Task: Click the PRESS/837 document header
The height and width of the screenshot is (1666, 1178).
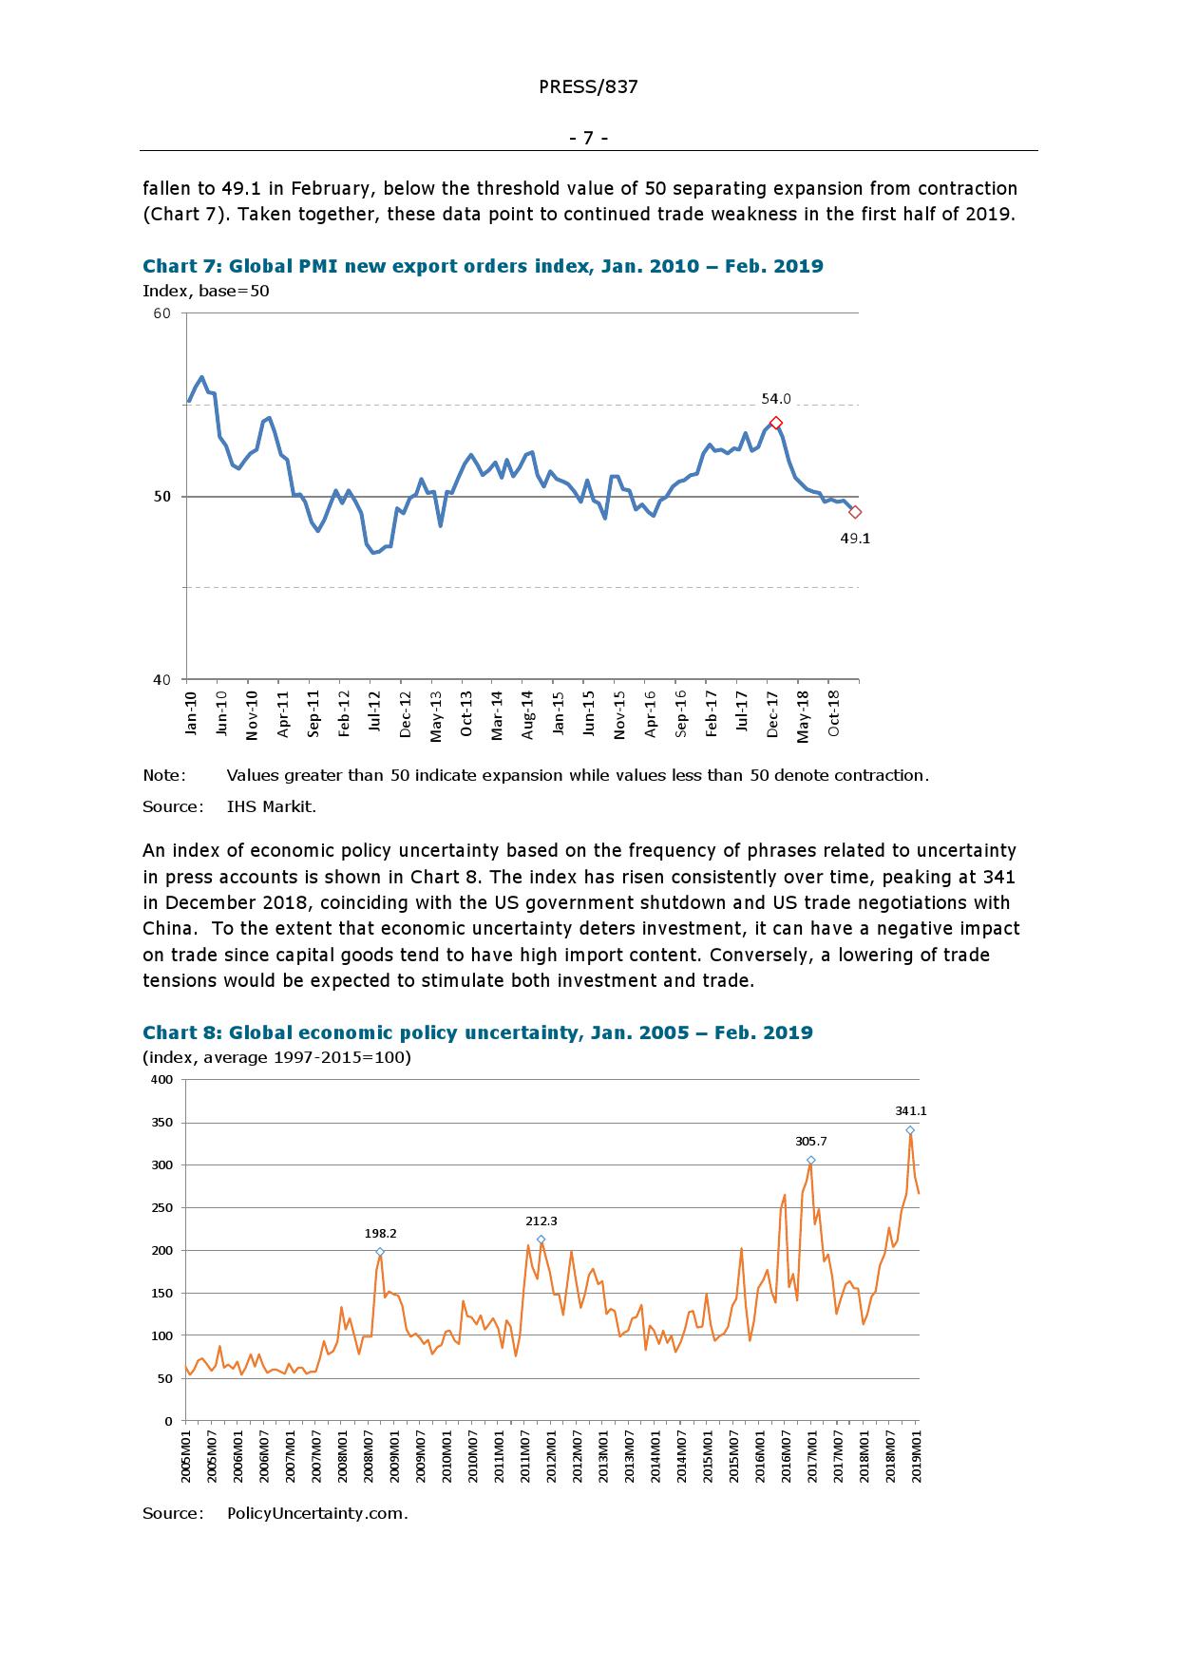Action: point(588,87)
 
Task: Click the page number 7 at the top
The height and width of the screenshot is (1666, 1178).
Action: point(588,139)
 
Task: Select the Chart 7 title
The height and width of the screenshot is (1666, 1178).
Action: point(483,266)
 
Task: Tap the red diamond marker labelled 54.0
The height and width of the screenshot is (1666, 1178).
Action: point(776,423)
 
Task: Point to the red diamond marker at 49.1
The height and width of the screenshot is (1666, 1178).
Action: point(855,512)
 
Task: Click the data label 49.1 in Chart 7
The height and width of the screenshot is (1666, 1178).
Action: point(855,539)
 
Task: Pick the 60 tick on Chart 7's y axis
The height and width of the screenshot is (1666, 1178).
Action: point(161,313)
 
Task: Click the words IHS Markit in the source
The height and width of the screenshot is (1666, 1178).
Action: point(271,806)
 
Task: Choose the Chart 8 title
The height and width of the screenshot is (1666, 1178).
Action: point(477,1032)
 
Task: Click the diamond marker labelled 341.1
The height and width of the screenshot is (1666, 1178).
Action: point(910,1130)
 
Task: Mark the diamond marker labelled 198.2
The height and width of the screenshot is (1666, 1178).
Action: point(380,1252)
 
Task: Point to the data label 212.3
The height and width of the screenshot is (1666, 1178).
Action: point(541,1221)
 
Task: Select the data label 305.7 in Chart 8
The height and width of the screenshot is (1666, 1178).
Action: point(810,1142)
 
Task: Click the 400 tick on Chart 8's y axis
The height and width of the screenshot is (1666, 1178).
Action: point(161,1080)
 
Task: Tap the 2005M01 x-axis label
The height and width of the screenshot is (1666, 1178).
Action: point(186,1454)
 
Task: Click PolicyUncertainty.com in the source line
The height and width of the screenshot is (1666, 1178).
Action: point(317,1513)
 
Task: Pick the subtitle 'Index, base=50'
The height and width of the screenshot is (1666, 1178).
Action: point(206,292)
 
